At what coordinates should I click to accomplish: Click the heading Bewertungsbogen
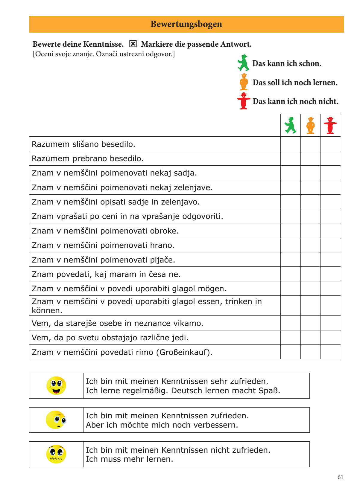coord(186,24)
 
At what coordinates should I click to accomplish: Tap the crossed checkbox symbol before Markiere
coord(133,44)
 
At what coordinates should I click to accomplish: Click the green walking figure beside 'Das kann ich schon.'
coord(244,63)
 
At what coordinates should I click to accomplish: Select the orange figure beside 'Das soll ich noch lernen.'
coord(244,82)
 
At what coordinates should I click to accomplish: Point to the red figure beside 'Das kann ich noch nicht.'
coord(244,101)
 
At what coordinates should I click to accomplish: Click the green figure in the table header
coord(290,125)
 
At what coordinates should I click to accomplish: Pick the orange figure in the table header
coord(311,125)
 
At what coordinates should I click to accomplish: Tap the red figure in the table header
coord(330,125)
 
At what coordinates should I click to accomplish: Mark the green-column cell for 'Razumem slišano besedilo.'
coord(291,144)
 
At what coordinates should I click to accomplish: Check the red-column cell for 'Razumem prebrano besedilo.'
coord(330,158)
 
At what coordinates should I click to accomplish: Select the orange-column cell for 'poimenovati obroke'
coord(311,231)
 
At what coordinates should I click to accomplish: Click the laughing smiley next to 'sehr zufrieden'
coord(56,386)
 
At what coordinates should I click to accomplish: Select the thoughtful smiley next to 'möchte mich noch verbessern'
coord(56,420)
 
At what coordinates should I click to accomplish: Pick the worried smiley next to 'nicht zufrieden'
coord(56,454)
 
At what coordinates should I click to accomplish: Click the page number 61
coord(340,477)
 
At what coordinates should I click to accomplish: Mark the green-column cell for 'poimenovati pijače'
coord(291,260)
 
